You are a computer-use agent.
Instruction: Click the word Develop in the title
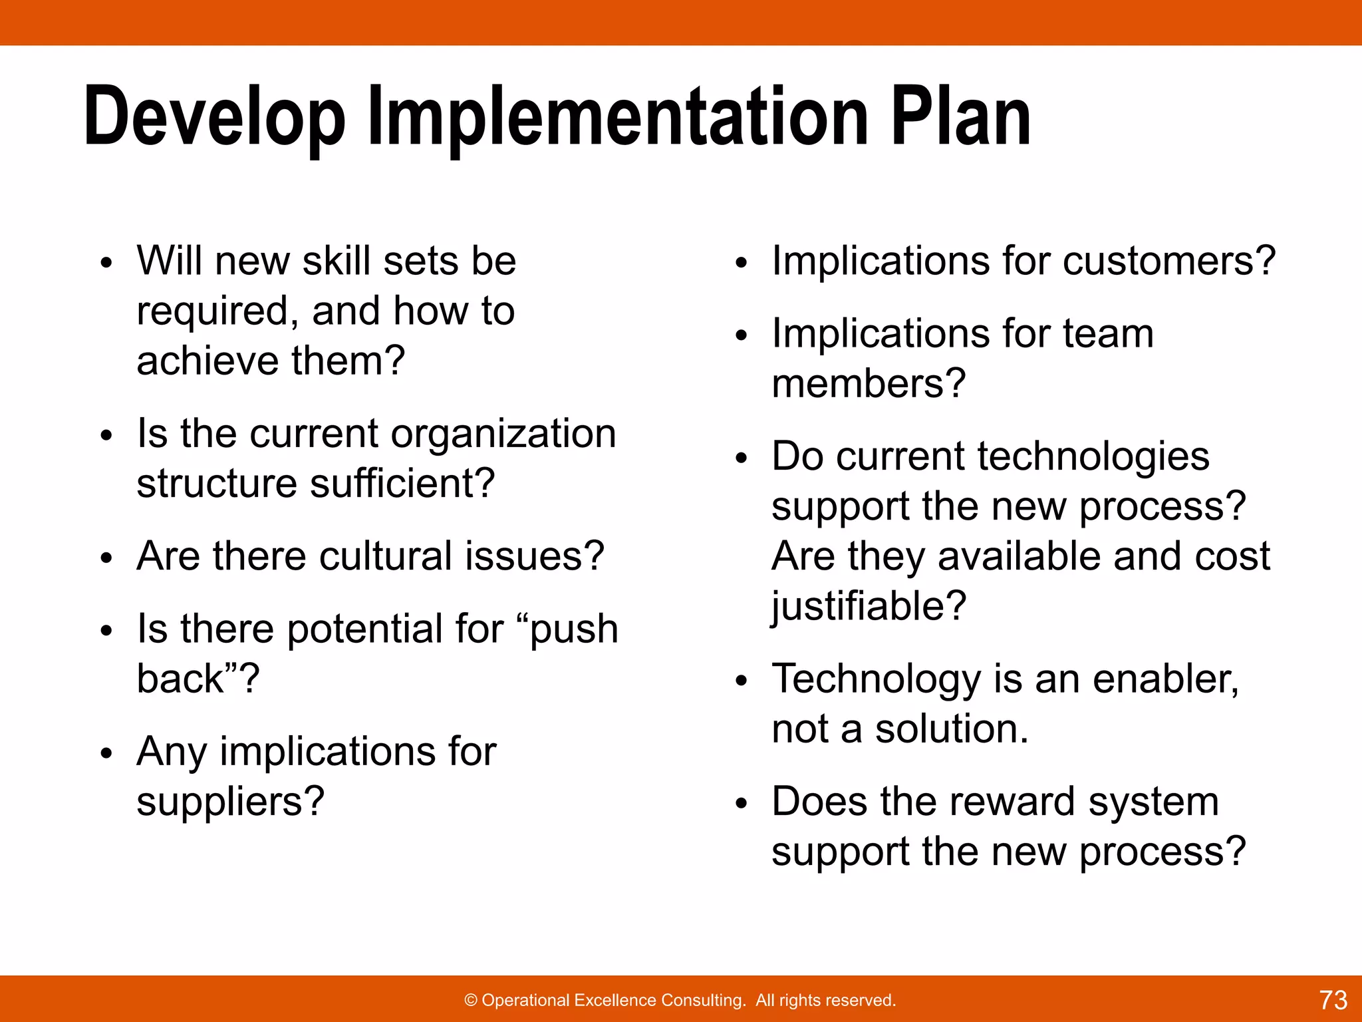(x=214, y=118)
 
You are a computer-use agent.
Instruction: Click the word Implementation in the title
(x=617, y=118)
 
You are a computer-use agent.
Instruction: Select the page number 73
(x=1333, y=999)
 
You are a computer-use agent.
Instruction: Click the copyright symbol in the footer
(x=471, y=1000)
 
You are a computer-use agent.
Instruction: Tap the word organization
(x=503, y=434)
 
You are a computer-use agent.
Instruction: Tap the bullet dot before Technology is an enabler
(x=742, y=681)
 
